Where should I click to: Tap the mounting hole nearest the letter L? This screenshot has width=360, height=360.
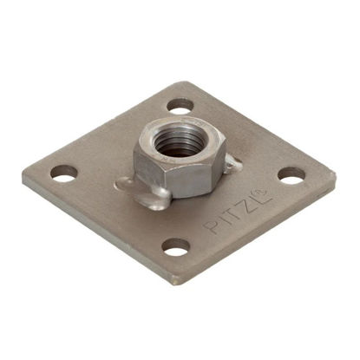click(x=291, y=175)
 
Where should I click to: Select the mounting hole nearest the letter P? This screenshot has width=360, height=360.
click(x=175, y=247)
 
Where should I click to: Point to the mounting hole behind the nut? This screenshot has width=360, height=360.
click(x=180, y=106)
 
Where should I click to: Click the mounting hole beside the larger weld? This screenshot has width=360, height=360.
click(x=64, y=173)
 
